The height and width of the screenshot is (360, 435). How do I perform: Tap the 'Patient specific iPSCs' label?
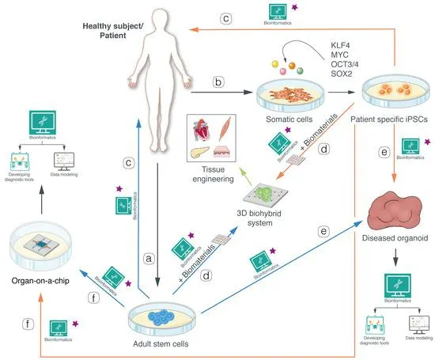point(388,124)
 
